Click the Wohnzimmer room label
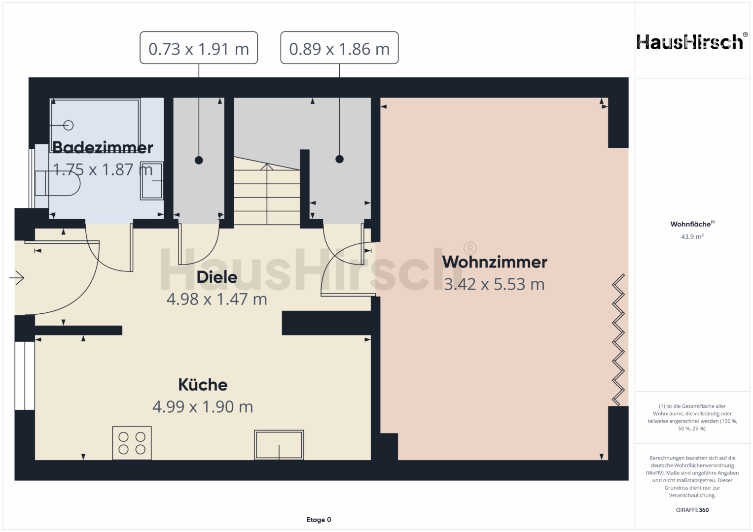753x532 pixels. point(495,262)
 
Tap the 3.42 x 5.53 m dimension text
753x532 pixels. point(494,285)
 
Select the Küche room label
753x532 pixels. point(203,385)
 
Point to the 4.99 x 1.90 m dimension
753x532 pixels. point(203,407)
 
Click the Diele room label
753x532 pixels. point(217,277)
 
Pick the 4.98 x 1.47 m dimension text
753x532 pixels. point(217,299)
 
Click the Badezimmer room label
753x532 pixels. point(103,147)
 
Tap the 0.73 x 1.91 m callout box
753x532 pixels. point(199,48)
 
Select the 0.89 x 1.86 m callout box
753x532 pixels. point(340,48)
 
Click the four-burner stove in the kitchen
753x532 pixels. point(132,443)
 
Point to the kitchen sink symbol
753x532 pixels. point(279,445)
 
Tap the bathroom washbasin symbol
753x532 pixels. point(151,181)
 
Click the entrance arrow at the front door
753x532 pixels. point(17,278)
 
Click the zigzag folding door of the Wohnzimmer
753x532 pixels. point(618,340)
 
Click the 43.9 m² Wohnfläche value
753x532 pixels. point(692,236)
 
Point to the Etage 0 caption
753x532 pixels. point(319,520)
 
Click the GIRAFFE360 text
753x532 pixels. point(692,510)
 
